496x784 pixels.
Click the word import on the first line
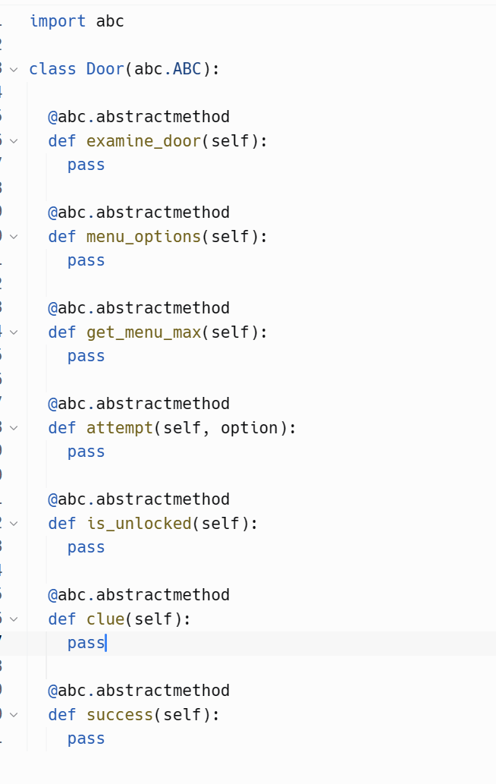[x=58, y=21]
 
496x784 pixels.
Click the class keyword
[x=52, y=69]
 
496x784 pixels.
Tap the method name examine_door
[x=144, y=140]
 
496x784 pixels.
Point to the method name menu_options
[x=144, y=236]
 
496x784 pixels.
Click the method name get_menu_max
[x=144, y=332]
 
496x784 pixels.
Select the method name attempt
[x=120, y=427]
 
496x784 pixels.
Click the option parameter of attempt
[x=249, y=427]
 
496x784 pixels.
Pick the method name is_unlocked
[x=139, y=523]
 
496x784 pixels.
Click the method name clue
[x=105, y=619]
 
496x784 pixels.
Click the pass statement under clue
[x=86, y=643]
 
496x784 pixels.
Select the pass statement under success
[x=86, y=738]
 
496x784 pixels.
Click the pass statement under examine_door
[x=86, y=165]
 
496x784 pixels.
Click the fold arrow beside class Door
[x=14, y=69]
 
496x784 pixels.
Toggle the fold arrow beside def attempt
[x=14, y=427]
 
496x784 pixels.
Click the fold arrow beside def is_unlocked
[x=14, y=523]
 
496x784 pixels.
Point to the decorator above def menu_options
[x=139, y=212]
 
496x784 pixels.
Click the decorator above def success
[x=139, y=690]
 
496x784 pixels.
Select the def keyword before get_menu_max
[x=62, y=332]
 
